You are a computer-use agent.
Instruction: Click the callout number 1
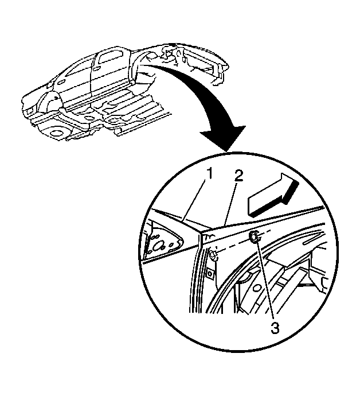click(x=209, y=175)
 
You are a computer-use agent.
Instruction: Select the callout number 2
click(x=238, y=175)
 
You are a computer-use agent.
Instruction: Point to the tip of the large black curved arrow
click(x=228, y=152)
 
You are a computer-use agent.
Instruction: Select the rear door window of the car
click(x=110, y=57)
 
